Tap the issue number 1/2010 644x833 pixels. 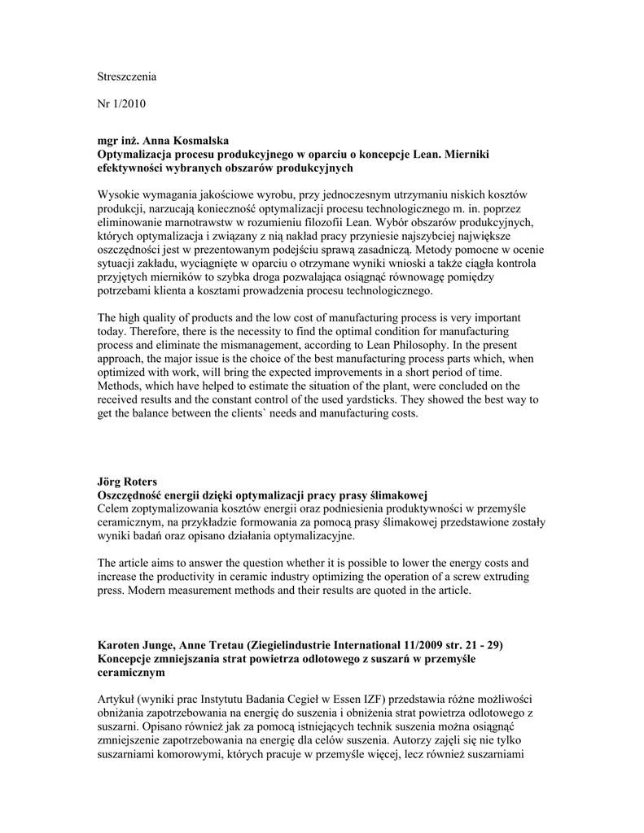coord(132,103)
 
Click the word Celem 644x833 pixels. coord(114,509)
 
